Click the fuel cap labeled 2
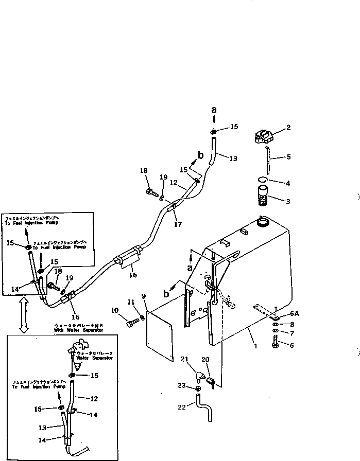click(263, 137)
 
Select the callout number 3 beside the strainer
click(288, 201)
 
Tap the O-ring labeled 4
click(262, 180)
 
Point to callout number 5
click(289, 157)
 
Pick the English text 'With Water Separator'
click(79, 330)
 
